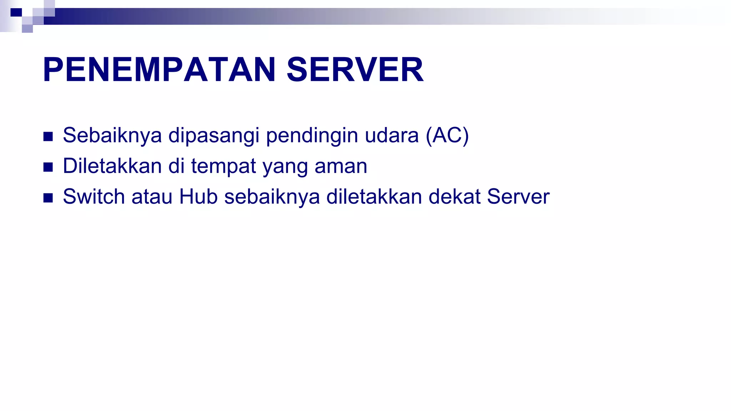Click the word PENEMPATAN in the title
coord(159,70)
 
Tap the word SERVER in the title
coord(355,70)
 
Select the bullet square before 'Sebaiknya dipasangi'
coord(48,137)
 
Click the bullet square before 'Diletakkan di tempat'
coord(48,167)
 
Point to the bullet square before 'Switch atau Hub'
coord(48,198)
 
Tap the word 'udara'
coord(392,136)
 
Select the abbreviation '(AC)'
coord(447,136)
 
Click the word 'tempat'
coord(223,166)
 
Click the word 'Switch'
coord(94,197)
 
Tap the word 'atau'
coord(152,197)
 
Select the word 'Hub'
coord(198,197)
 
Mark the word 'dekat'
coord(454,197)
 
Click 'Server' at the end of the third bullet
coord(518,197)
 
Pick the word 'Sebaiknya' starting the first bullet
coord(112,136)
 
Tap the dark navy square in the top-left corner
coord(16,12)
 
